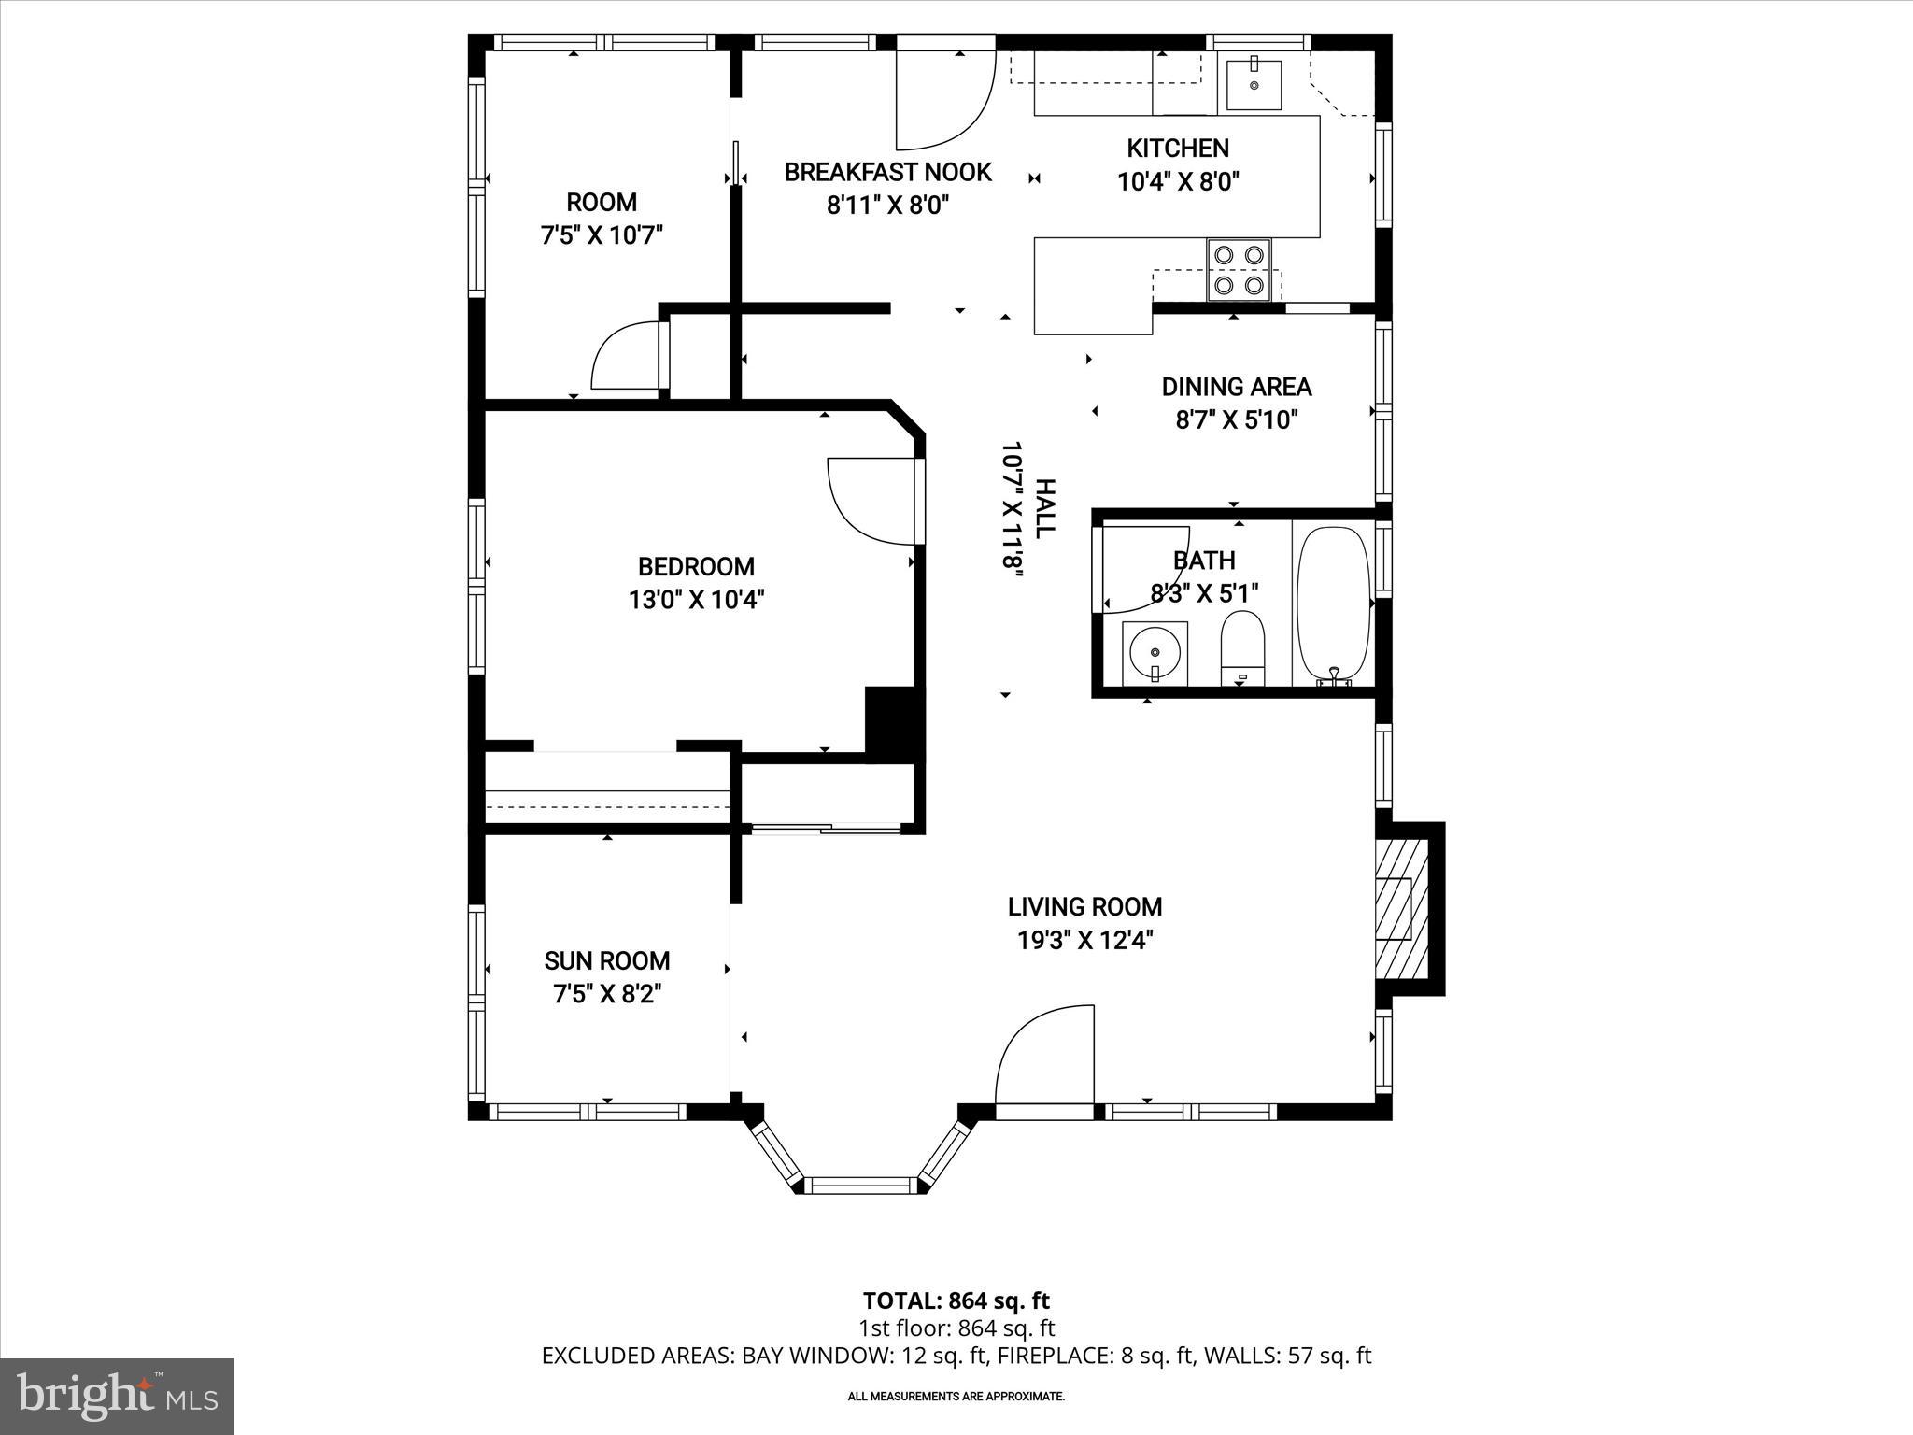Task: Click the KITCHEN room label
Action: [1177, 148]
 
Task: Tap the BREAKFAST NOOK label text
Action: [887, 172]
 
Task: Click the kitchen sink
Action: [1254, 83]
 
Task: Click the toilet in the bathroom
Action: [1241, 644]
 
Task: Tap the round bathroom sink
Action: [1155, 651]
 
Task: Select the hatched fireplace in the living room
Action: [1403, 907]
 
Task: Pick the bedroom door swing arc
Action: [869, 499]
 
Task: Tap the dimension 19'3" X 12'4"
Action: [1084, 940]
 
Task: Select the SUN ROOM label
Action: [607, 960]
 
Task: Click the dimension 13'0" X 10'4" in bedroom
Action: [696, 600]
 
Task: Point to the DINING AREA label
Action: [1236, 387]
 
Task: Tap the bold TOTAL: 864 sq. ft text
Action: [956, 1300]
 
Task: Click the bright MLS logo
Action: [117, 1396]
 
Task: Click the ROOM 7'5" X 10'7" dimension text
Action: [602, 234]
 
